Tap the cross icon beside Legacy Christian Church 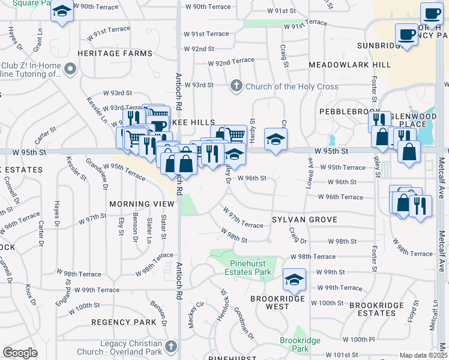(x=172, y=347)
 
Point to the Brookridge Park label (x=300, y=344)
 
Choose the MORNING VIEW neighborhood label (x=142, y=204)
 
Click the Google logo (x=20, y=353)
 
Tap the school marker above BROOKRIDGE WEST (x=294, y=279)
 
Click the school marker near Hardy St (x=276, y=139)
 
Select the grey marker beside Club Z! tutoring (x=70, y=70)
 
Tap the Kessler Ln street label (x=96, y=110)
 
